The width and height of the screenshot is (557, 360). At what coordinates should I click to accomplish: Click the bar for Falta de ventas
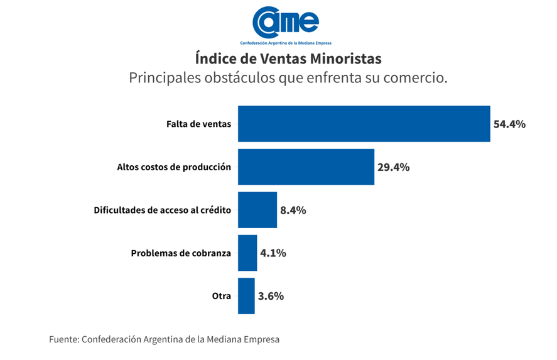pyautogui.click(x=364, y=124)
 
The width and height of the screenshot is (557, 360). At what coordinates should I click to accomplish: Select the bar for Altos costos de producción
pyautogui.click(x=306, y=167)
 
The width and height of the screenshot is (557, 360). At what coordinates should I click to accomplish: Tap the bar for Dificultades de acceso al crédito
pyautogui.click(x=257, y=210)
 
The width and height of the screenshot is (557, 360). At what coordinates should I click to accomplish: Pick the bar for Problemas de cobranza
pyautogui.click(x=247, y=253)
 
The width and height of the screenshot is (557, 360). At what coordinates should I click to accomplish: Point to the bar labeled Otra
pyautogui.click(x=246, y=296)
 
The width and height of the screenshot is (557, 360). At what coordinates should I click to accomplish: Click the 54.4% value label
pyautogui.click(x=509, y=124)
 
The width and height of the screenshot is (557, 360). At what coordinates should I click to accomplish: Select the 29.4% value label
pyautogui.click(x=393, y=167)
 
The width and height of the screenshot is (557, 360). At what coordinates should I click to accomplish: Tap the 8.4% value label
pyautogui.click(x=293, y=210)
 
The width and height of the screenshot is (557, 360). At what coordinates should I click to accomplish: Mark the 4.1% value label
pyautogui.click(x=273, y=253)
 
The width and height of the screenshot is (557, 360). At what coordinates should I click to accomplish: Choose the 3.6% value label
pyautogui.click(x=271, y=296)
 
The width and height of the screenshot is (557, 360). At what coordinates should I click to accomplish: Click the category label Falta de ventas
pyautogui.click(x=198, y=124)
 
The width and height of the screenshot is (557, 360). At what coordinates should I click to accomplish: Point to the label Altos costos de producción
pyautogui.click(x=174, y=167)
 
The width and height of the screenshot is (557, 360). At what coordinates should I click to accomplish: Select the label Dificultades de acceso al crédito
pyautogui.click(x=162, y=210)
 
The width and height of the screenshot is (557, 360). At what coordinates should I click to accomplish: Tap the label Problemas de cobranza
pyautogui.click(x=181, y=253)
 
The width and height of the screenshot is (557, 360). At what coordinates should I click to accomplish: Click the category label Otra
pyautogui.click(x=221, y=296)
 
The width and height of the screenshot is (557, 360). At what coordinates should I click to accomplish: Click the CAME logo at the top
pyautogui.click(x=286, y=22)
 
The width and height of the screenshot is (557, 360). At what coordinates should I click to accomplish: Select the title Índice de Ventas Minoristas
pyautogui.click(x=288, y=59)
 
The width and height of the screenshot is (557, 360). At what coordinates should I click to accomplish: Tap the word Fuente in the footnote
pyautogui.click(x=63, y=339)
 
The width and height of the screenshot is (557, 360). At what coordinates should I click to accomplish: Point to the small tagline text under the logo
pyautogui.click(x=286, y=43)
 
